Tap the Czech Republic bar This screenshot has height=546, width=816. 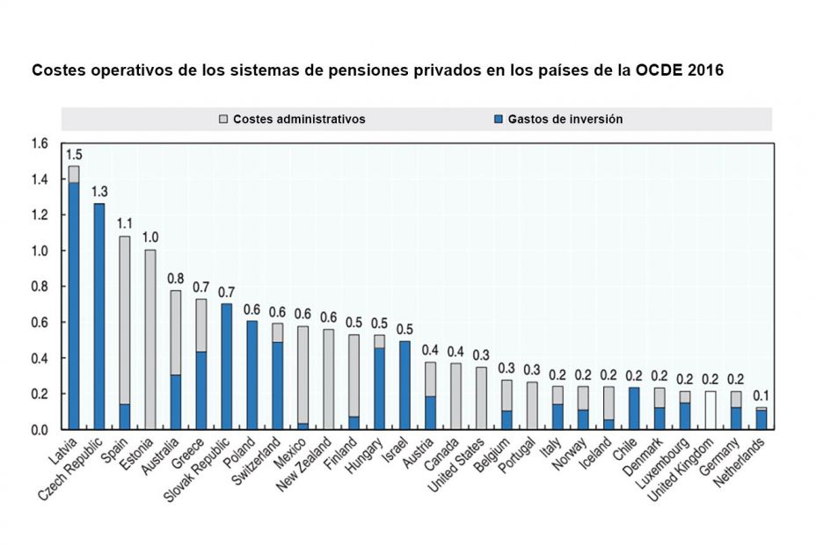99,317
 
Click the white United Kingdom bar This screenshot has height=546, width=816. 710,411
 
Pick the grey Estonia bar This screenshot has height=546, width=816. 150,339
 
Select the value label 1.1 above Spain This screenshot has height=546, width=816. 125,223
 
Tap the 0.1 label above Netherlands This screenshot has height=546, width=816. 761,395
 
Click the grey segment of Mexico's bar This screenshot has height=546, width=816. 303,374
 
